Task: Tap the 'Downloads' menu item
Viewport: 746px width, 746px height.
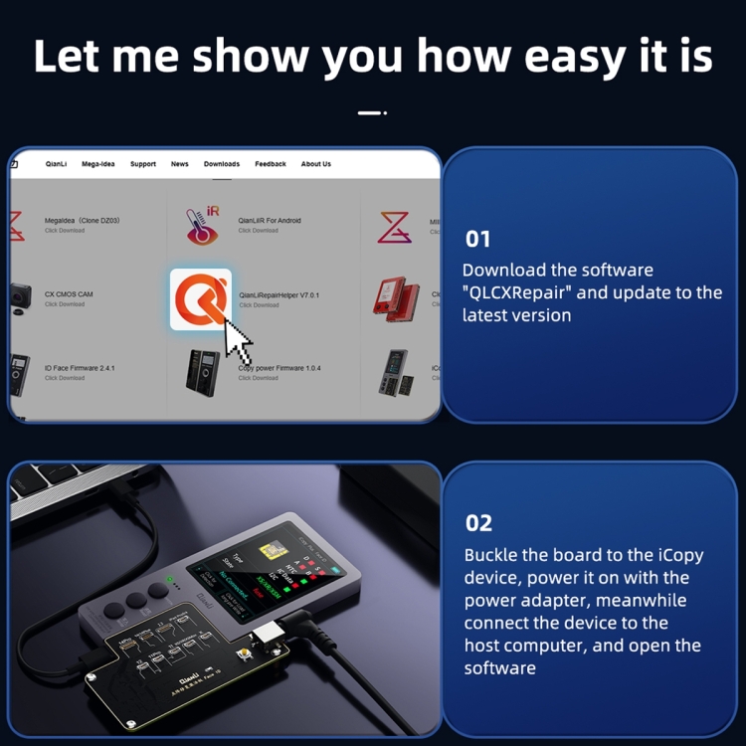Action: coord(222,164)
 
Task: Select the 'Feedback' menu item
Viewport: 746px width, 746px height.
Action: coord(271,164)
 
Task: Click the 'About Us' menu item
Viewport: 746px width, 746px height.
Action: coord(316,164)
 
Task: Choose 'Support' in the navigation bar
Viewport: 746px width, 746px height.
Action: coord(143,164)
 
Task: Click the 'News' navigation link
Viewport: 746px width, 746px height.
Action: coord(180,164)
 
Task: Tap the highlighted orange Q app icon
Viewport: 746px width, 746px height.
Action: coord(201,298)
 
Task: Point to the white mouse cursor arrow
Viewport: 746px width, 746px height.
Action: coord(237,341)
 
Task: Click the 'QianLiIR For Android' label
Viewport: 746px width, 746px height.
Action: coord(270,221)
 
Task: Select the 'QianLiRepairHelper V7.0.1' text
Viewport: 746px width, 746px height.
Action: coord(279,295)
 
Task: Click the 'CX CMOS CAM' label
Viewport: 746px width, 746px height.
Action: coord(69,294)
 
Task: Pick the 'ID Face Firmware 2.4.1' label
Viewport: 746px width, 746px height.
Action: coord(80,368)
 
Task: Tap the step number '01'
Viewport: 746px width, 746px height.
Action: coord(478,239)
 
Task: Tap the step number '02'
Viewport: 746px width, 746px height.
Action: coord(478,523)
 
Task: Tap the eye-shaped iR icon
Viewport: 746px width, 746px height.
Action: coord(203,225)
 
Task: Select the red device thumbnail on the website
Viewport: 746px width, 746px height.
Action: coord(396,297)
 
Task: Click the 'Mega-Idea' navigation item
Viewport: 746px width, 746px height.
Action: coord(98,164)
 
